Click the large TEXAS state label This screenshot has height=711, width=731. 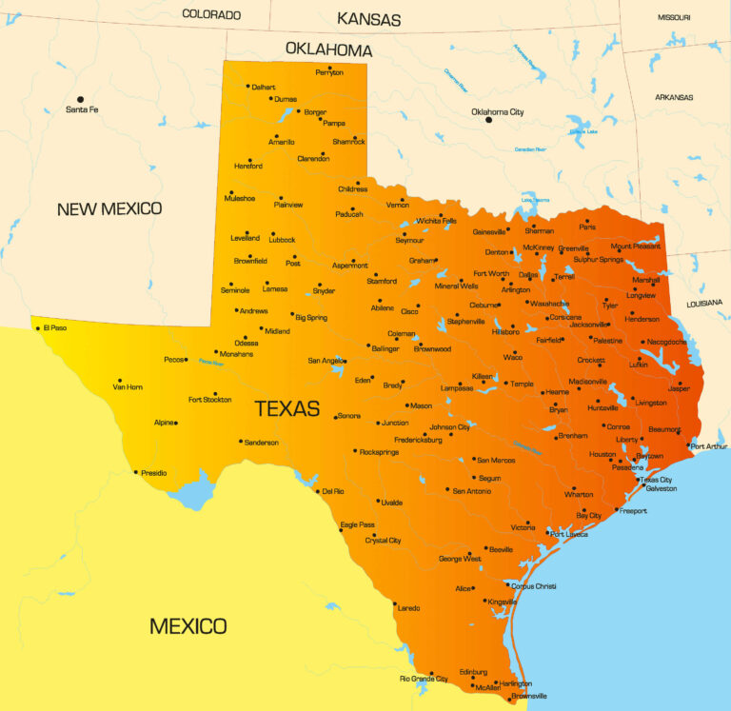(x=286, y=408)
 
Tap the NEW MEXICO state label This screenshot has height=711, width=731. (x=109, y=208)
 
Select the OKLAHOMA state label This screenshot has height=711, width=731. (x=328, y=49)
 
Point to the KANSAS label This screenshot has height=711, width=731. (x=369, y=19)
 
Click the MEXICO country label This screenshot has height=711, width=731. (x=188, y=625)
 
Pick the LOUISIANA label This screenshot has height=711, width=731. (x=705, y=303)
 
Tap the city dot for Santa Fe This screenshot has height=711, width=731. (x=81, y=99)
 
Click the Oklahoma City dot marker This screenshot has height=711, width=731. (x=489, y=120)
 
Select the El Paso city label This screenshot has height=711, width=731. (x=55, y=328)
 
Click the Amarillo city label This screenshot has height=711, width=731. (x=282, y=142)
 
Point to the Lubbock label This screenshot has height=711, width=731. (x=283, y=240)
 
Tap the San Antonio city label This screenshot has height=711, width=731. (x=471, y=491)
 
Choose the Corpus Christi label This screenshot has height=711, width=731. (x=533, y=586)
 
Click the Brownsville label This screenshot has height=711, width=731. (x=529, y=696)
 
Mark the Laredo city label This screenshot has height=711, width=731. (x=408, y=607)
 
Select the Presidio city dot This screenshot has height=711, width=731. (x=136, y=471)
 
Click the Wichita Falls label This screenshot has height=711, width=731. (x=436, y=221)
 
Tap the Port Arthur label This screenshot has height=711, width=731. (x=709, y=446)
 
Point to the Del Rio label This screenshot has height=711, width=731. (x=332, y=491)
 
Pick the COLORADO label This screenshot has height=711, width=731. (x=211, y=14)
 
